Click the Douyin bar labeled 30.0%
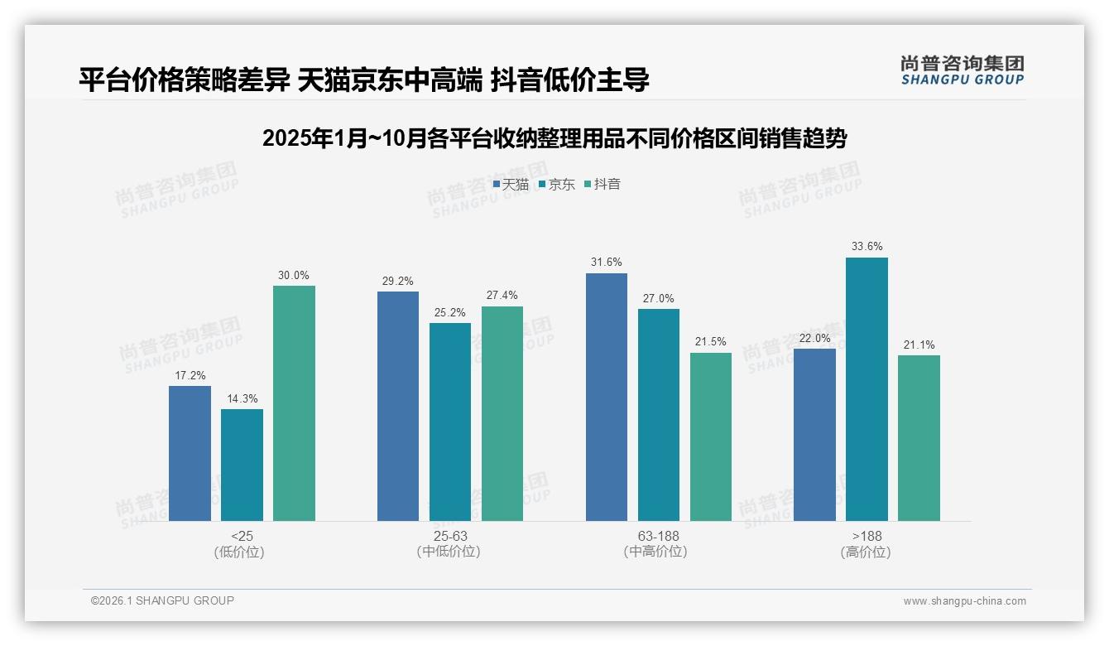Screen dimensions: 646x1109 pos(294,403)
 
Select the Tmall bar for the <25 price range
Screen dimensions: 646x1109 pos(190,453)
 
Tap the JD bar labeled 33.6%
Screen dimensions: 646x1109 pos(867,389)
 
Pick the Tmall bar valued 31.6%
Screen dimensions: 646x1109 pos(607,397)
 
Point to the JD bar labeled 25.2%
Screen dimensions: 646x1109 pos(449,422)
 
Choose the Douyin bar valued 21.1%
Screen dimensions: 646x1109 pos(919,438)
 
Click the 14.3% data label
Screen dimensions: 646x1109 pos(242,398)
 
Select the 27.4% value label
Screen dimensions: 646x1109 pos(502,296)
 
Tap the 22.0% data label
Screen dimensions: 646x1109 pos(814,338)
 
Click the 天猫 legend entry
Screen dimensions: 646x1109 pos(511,184)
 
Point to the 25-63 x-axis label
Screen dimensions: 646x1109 pos(449,536)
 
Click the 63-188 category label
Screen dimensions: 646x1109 pos(658,536)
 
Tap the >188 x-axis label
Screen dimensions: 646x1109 pos(867,536)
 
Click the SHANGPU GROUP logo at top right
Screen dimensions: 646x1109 pos(962,70)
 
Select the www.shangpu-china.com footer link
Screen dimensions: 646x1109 pos(964,600)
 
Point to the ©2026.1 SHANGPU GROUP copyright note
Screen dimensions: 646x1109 pos(162,600)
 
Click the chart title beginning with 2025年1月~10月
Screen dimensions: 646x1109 pos(554,138)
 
